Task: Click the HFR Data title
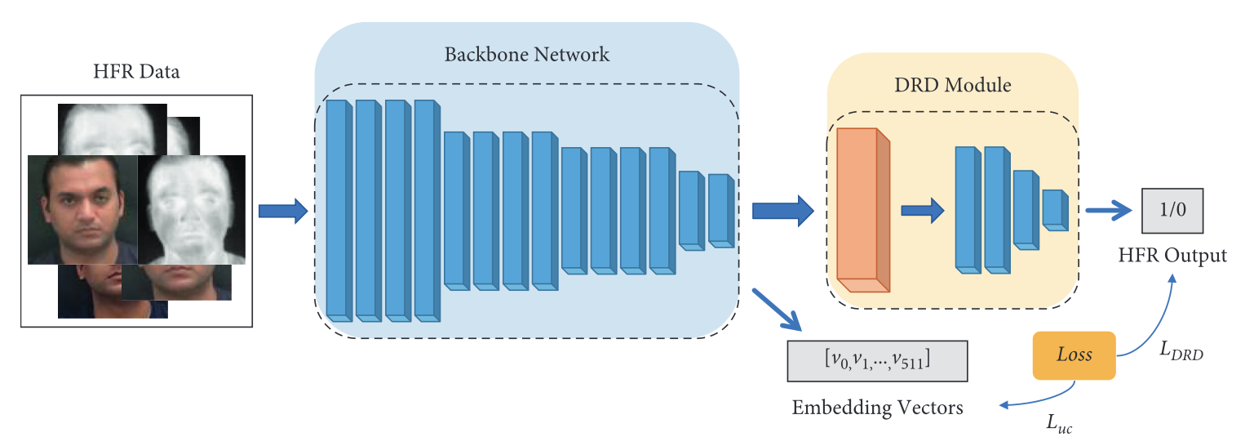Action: (137, 73)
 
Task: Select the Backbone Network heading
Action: (526, 56)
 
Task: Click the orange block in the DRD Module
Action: (862, 210)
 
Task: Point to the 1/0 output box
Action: (1172, 212)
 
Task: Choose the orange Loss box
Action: (1074, 355)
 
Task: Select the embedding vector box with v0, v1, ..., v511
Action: (877, 360)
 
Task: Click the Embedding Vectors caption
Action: (877, 407)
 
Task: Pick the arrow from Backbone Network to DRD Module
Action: (782, 211)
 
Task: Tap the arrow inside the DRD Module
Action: (922, 212)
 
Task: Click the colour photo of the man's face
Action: (82, 209)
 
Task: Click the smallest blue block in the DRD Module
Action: (1054, 210)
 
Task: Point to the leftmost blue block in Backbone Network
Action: (338, 209)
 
